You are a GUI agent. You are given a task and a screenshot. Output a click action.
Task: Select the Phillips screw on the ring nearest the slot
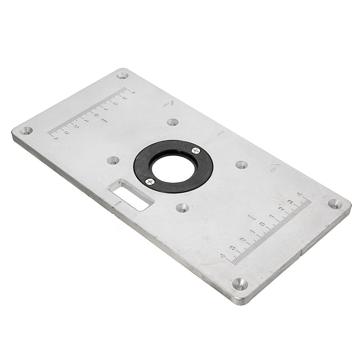click(150, 181)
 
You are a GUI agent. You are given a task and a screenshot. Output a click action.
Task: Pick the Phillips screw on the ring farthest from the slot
click(195, 150)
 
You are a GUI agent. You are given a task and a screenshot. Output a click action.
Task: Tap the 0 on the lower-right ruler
click(262, 224)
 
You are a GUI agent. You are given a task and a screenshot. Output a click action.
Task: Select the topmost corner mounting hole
click(122, 75)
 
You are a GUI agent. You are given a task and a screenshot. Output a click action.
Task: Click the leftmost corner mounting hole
click(26, 130)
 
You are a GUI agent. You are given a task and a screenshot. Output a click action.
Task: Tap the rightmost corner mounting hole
click(335, 203)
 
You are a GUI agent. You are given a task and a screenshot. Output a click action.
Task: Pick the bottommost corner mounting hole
click(239, 283)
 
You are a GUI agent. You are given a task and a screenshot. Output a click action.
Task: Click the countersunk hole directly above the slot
click(113, 160)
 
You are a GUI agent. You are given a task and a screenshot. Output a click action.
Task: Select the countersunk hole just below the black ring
click(182, 207)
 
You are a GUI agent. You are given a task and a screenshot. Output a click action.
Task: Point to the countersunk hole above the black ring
click(172, 122)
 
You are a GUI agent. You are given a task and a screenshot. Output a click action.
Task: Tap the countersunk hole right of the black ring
click(242, 165)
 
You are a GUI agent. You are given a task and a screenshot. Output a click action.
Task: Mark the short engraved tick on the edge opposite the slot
click(220, 133)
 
